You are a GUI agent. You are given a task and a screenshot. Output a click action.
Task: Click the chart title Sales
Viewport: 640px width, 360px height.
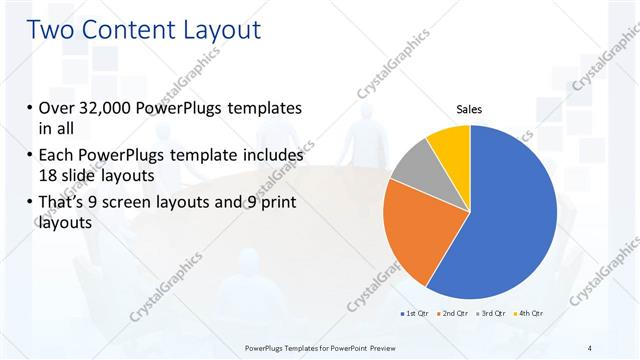(470, 109)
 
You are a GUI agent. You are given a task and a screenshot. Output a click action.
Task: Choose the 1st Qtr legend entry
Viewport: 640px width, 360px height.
(414, 314)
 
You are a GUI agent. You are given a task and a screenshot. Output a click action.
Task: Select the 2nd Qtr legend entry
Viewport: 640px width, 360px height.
(452, 314)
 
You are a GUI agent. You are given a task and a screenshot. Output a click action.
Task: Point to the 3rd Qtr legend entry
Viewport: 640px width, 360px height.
(491, 314)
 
